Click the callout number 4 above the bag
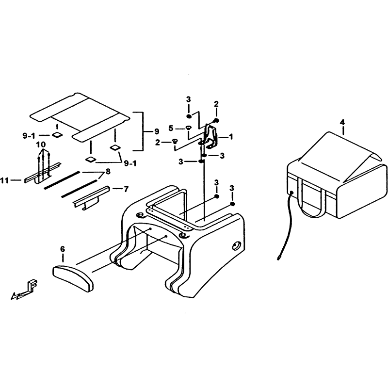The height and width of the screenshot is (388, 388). (342, 122)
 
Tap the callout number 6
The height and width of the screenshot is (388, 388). (63, 249)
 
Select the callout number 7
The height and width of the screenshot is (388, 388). (126, 189)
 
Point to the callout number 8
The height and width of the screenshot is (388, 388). (108, 172)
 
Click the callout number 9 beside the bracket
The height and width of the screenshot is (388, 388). (157, 131)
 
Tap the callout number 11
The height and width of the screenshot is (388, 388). (4, 180)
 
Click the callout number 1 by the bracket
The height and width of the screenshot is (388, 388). (231, 137)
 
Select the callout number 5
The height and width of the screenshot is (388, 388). (171, 128)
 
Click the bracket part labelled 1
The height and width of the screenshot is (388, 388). (211, 137)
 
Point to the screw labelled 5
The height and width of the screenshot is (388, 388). (189, 128)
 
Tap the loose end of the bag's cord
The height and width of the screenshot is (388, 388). (278, 259)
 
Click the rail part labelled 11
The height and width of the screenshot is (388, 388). (42, 175)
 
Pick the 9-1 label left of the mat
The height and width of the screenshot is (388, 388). (29, 135)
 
